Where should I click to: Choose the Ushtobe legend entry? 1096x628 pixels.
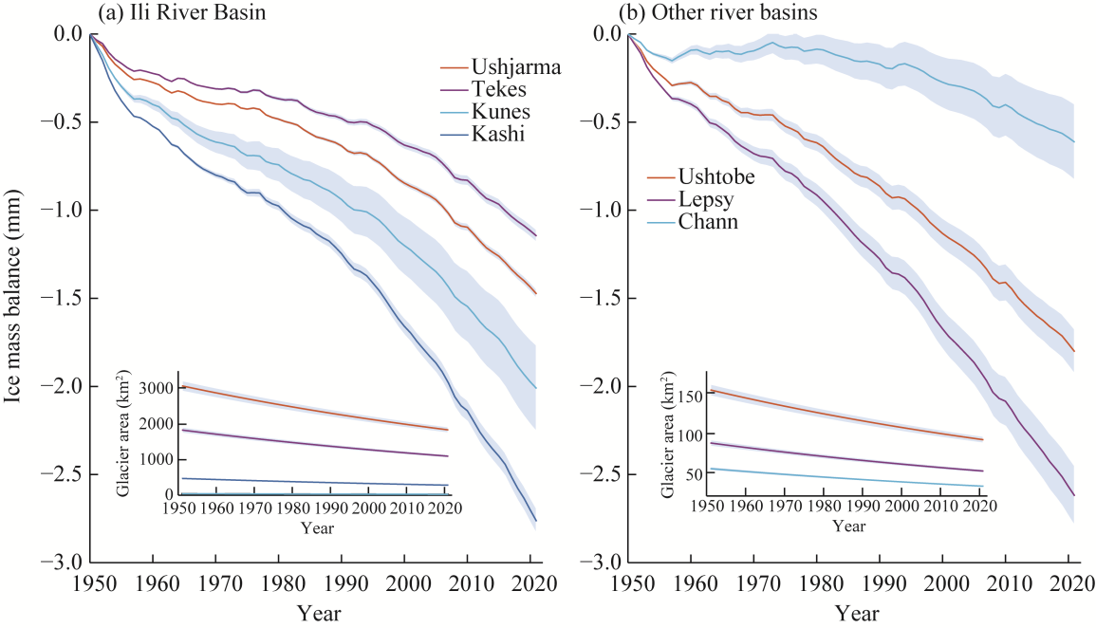tap(713, 176)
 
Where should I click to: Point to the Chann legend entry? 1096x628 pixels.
tap(706, 222)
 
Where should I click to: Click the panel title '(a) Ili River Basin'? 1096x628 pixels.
tap(175, 13)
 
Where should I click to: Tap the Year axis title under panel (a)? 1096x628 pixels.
tap(318, 614)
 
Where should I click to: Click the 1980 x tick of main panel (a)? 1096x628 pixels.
tap(280, 582)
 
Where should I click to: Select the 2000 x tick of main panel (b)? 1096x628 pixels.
tap(944, 582)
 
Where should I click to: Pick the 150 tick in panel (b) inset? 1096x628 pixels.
tap(692, 395)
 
